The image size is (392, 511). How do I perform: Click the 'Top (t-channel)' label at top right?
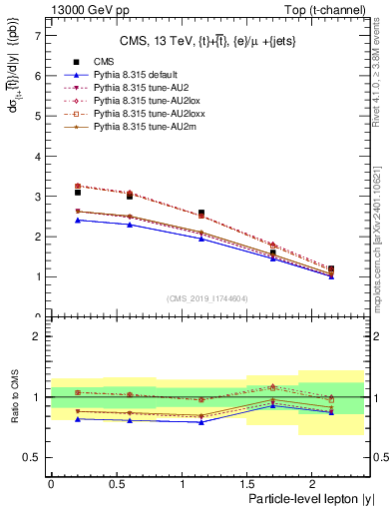pyautogui.click(x=328, y=9)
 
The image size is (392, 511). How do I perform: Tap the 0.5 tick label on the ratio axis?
pyautogui.click(x=33, y=457)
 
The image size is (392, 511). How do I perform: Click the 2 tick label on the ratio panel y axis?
pyautogui.click(x=37, y=336)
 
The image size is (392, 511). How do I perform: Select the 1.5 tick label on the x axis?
pyautogui.click(x=246, y=482)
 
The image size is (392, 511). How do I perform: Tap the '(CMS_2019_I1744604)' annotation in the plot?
pyautogui.click(x=206, y=298)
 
